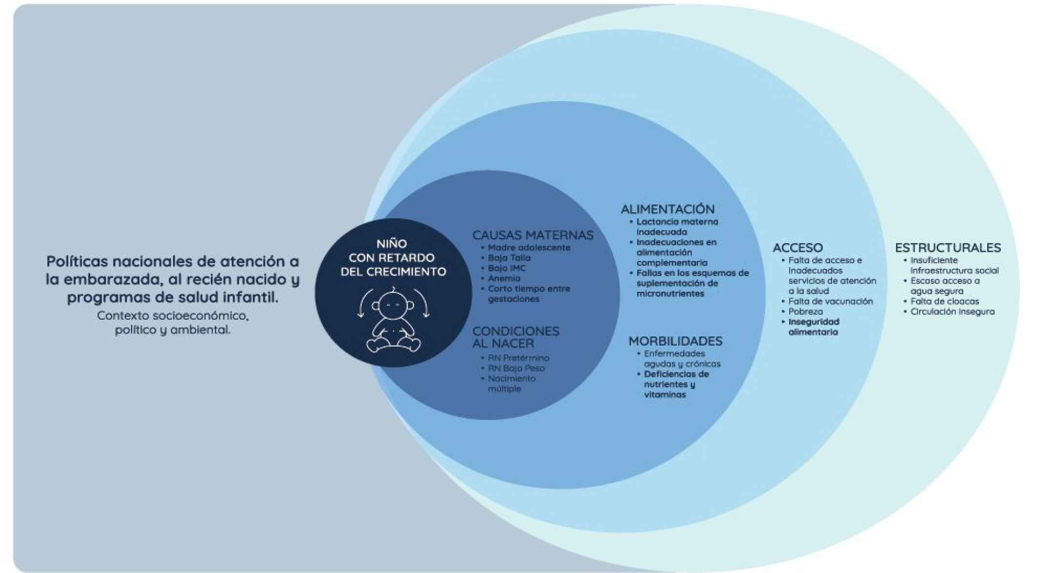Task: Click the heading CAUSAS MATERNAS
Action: coord(533,235)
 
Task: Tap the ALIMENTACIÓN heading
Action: coord(667,209)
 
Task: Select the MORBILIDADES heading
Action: coord(675,341)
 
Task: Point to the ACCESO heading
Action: coord(798,248)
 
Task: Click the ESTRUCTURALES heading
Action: coord(948,248)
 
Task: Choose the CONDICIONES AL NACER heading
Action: coord(516,337)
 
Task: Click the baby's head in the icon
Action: coord(393,305)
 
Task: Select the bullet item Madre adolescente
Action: coord(529,247)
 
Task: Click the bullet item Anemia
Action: coord(504,278)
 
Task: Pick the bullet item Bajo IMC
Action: coord(507,268)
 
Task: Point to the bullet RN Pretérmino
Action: coord(518,358)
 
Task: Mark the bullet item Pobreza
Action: coord(805,311)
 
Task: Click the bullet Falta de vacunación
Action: coord(830,301)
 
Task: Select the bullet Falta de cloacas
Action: coord(944,301)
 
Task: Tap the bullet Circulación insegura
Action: coord(952,311)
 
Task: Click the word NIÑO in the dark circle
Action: coord(391,244)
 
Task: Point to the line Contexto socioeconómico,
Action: coord(173,316)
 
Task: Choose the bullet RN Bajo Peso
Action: coord(516,368)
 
